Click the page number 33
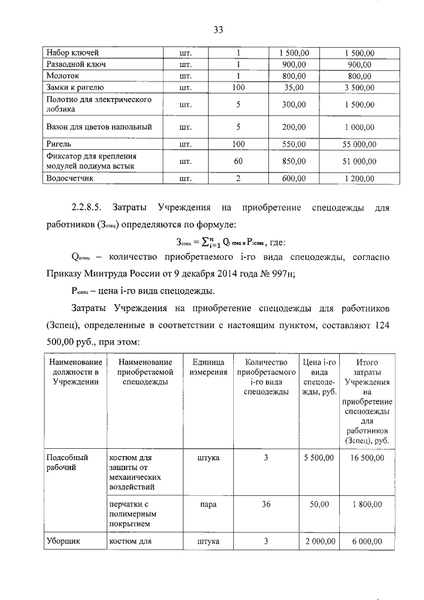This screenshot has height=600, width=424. click(219, 29)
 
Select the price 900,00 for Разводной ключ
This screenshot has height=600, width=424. click(293, 64)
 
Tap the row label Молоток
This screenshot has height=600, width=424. click(62, 76)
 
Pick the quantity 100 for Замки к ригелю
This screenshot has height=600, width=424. click(238, 87)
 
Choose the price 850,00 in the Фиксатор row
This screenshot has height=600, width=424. click(293, 160)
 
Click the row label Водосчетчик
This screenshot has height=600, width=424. click(70, 178)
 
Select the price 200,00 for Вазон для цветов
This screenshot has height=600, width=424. click(293, 126)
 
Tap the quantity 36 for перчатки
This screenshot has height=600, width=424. click(266, 505)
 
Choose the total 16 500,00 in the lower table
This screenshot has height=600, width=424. click(367, 458)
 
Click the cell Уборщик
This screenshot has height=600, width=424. click(63, 542)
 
